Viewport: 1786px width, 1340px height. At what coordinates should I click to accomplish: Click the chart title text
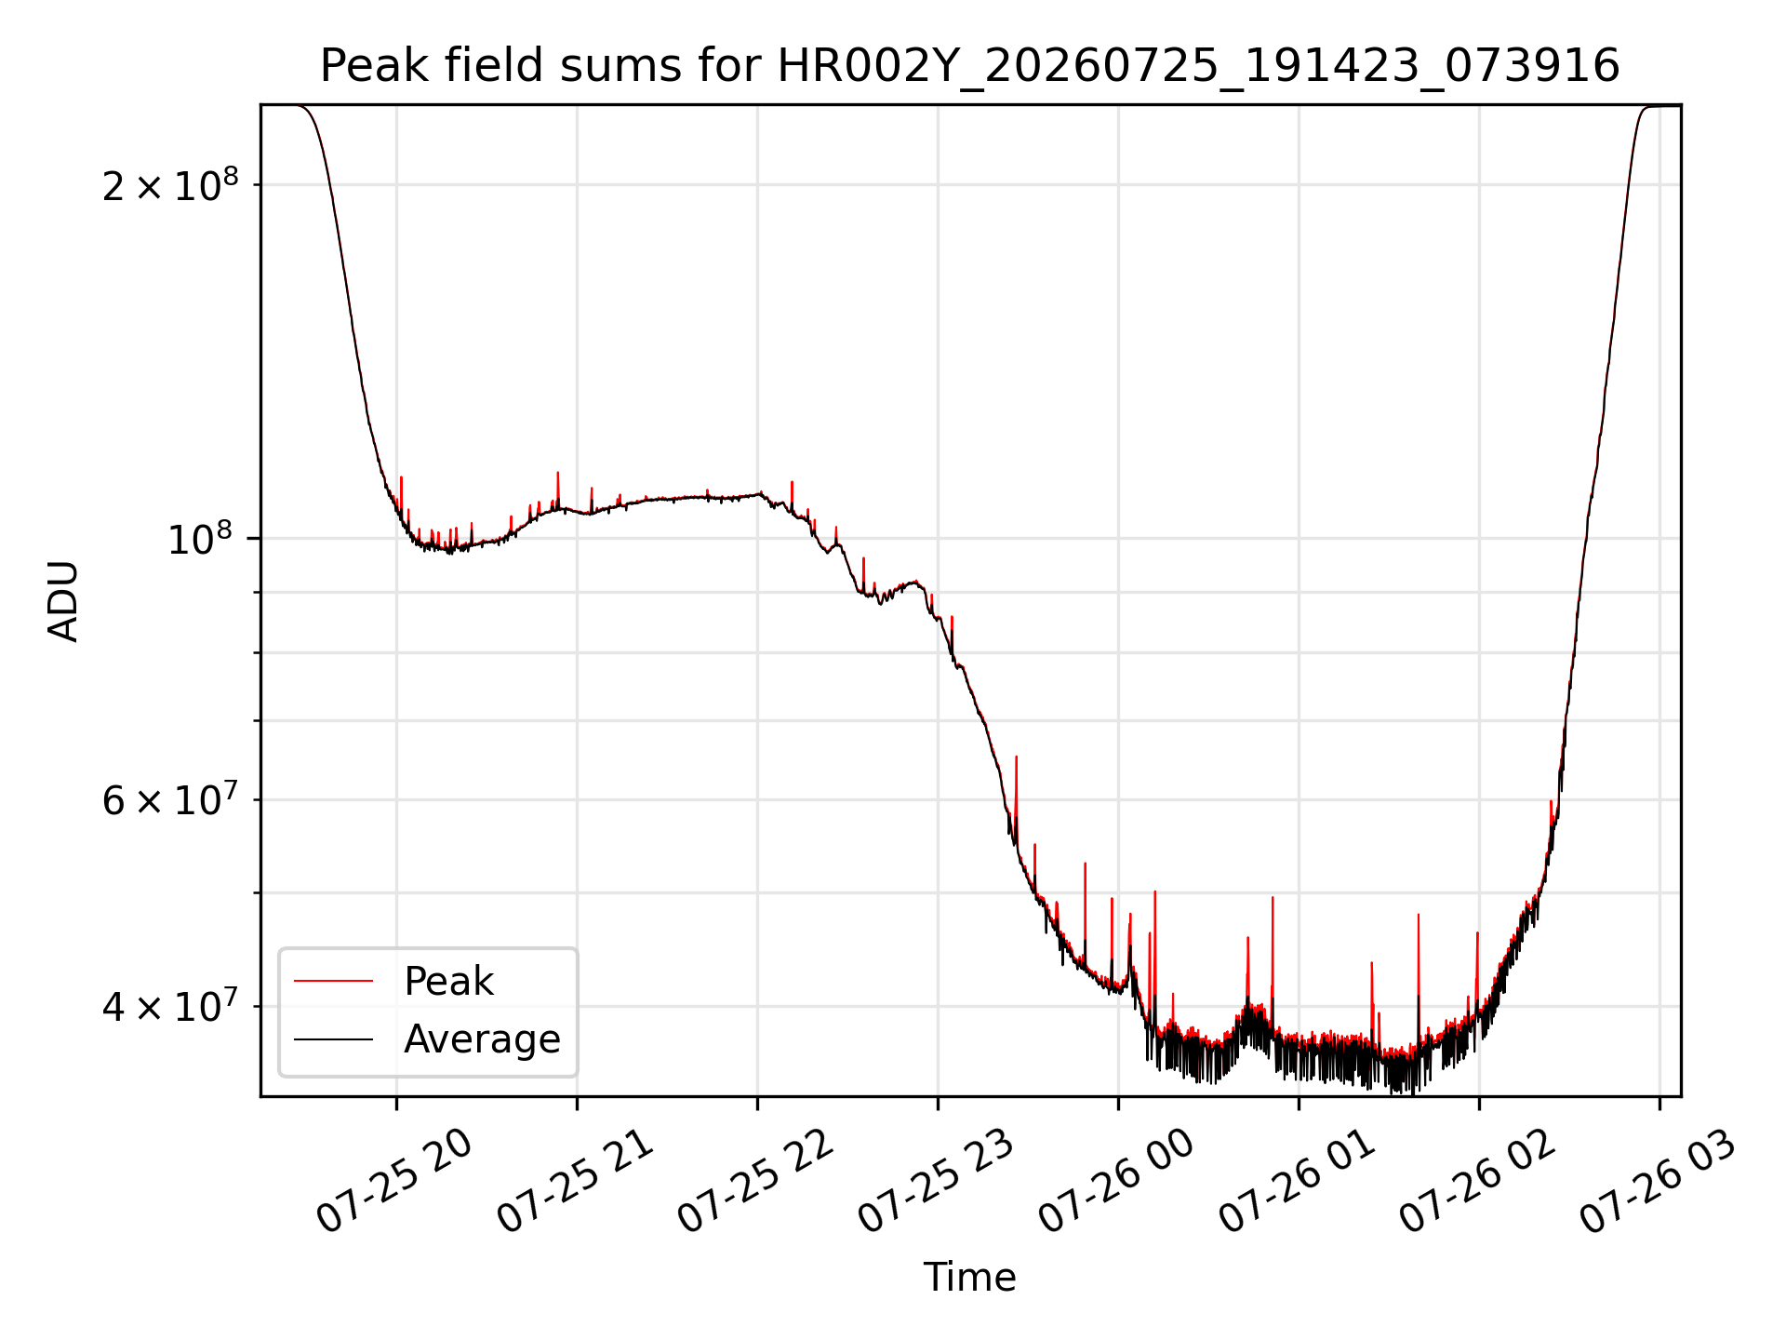969,66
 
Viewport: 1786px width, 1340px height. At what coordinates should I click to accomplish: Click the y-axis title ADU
63,601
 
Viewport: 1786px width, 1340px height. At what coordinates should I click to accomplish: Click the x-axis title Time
969,1277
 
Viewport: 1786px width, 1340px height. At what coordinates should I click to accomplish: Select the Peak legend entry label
448,982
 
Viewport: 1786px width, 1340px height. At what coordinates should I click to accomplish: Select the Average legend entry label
482,1039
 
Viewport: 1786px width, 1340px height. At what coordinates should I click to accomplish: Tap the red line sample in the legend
333,981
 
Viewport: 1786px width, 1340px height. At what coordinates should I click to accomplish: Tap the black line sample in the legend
333,1038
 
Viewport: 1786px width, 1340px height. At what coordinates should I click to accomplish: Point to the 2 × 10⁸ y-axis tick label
170,184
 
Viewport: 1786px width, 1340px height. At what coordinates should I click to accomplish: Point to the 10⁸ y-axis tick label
203,538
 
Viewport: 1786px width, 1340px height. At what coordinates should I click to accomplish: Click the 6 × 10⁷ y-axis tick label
170,799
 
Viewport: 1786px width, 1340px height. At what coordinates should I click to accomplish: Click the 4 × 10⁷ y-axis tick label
170,1006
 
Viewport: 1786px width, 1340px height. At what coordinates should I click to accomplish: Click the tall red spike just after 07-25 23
1016,791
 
